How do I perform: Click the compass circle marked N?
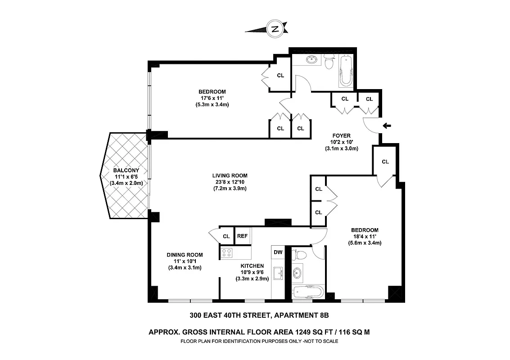[274, 29]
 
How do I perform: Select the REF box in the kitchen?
[242, 236]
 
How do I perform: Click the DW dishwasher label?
[278, 252]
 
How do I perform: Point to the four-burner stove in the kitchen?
[226, 253]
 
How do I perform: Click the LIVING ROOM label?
[230, 175]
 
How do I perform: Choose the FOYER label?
[341, 135]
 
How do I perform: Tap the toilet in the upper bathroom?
[328, 63]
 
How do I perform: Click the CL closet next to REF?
[226, 236]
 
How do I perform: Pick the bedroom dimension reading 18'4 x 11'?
[365, 236]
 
